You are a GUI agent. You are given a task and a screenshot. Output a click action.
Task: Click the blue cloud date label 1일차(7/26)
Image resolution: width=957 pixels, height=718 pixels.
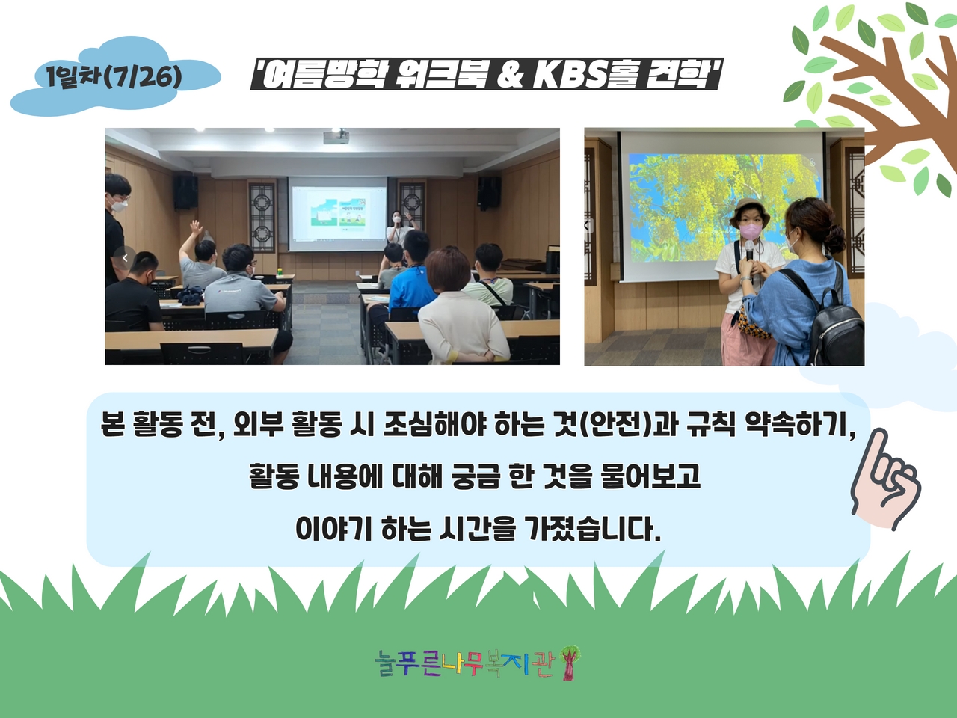point(115,77)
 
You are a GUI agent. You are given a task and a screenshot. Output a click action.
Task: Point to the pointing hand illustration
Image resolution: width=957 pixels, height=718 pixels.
point(885,479)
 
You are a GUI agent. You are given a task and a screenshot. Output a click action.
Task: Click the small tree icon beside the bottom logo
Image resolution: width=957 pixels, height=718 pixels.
point(569,663)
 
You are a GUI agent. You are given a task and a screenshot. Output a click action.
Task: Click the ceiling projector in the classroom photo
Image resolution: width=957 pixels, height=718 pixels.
point(336,136)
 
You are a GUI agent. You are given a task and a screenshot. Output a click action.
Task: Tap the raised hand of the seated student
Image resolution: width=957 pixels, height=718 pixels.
point(196,227)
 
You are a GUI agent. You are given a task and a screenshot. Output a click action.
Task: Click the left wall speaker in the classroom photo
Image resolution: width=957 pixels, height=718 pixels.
point(185,191)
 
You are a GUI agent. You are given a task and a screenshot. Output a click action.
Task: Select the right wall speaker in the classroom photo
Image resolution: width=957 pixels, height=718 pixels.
point(489,192)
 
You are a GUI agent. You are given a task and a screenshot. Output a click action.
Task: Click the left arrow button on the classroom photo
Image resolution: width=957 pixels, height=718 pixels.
point(125,257)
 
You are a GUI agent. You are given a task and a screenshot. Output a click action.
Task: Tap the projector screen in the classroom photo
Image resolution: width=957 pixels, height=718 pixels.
point(337,214)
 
